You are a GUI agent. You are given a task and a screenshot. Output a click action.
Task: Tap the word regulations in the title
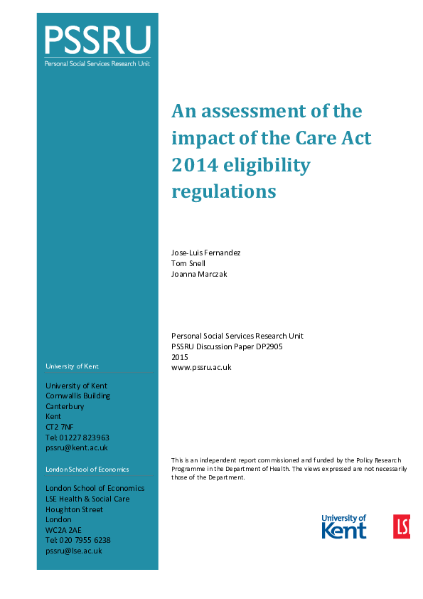click(223, 191)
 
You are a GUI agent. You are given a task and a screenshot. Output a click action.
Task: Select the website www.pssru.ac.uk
click(201, 368)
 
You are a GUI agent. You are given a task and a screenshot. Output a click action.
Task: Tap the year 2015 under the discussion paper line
click(180, 357)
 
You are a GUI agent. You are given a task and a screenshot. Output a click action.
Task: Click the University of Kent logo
click(344, 526)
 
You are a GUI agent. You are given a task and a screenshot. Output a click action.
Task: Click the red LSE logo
click(402, 526)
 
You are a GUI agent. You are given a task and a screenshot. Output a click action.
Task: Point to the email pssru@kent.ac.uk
click(77, 448)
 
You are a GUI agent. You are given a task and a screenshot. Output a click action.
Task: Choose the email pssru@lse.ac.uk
click(74, 551)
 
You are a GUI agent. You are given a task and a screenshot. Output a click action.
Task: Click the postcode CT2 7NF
click(60, 427)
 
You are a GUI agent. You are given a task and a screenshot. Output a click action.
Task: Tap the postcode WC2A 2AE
click(63, 530)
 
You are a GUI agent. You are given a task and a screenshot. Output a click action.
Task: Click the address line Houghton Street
click(74, 509)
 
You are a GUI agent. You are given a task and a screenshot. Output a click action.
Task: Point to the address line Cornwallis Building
click(77, 396)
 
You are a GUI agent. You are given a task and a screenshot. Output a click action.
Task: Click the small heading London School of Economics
click(87, 470)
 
